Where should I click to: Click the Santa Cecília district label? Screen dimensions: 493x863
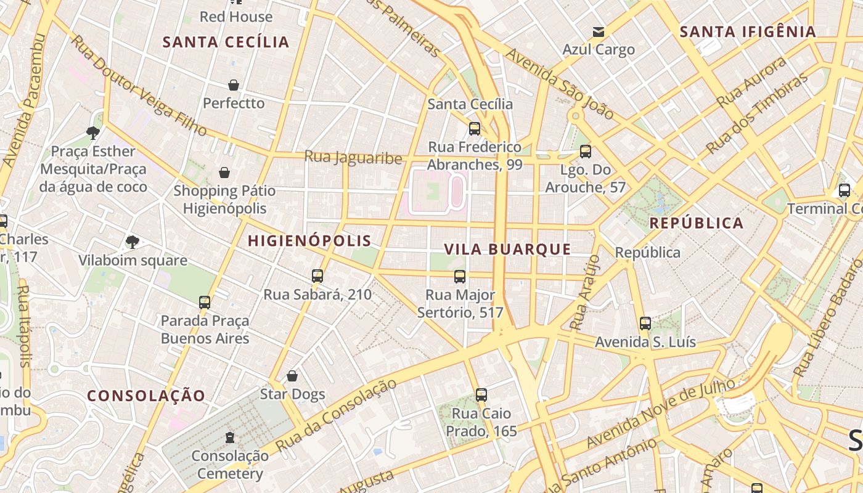point(226,42)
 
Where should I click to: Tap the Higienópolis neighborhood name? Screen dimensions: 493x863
point(309,241)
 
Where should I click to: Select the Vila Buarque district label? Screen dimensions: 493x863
point(507,249)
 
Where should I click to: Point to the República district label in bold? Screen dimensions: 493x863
point(697,223)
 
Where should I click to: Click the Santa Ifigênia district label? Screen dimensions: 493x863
point(748,31)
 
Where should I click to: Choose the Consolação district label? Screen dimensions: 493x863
point(146,396)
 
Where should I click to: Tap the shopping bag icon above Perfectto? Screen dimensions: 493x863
point(234,85)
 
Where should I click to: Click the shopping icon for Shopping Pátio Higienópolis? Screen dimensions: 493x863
point(224,173)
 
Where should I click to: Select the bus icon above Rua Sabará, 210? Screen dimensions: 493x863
point(317,276)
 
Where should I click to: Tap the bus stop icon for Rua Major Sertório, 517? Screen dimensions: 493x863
point(460,277)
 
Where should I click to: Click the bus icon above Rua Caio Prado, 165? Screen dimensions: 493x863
point(481,394)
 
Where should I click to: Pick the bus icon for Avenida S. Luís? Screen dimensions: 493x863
point(645,323)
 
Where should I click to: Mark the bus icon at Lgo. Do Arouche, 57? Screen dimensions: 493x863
point(586,151)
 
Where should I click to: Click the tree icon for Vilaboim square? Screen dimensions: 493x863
point(132,242)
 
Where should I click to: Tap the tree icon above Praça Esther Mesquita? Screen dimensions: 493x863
point(93,132)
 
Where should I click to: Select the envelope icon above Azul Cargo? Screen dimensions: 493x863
point(598,32)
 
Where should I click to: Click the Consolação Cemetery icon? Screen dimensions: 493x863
point(230,438)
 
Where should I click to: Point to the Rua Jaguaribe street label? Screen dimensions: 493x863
point(353,158)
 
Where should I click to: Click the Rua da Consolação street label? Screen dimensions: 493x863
point(336,415)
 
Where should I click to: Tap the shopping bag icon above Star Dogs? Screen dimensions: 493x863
point(292,375)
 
